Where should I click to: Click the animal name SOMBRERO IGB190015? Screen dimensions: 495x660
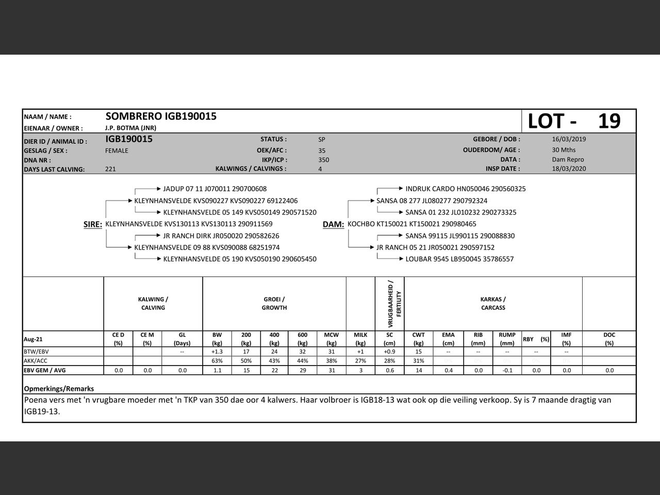[161, 117]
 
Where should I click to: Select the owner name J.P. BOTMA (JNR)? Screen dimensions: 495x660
[130, 128]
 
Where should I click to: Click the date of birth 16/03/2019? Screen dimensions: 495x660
[569, 139]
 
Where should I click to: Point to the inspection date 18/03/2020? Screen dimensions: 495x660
[569, 169]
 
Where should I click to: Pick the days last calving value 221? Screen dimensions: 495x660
[110, 169]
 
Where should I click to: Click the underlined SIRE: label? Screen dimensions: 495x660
[93, 224]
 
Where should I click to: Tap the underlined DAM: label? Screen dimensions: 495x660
[333, 224]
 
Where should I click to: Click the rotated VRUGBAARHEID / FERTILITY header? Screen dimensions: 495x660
[390, 304]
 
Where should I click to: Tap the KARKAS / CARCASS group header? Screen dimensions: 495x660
[493, 304]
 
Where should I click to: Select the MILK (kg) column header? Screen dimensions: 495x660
[360, 339]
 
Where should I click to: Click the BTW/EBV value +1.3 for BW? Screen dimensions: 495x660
[217, 352]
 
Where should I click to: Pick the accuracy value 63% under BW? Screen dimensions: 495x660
[217, 361]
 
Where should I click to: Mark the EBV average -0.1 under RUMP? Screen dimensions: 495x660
[507, 370]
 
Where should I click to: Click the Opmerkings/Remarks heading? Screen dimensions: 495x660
[59, 389]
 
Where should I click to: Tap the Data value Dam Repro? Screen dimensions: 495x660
[568, 160]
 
